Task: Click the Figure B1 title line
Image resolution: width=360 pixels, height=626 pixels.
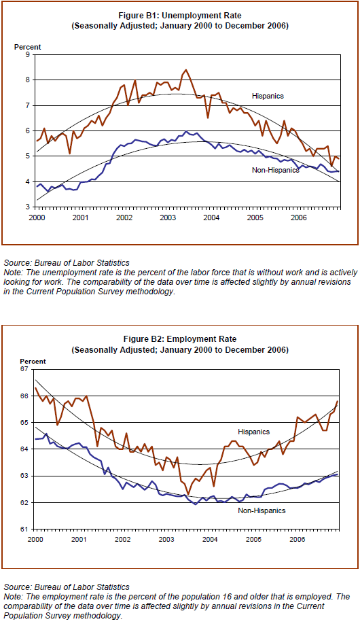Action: (x=179, y=16)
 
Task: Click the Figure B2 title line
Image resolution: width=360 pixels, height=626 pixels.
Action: (x=179, y=339)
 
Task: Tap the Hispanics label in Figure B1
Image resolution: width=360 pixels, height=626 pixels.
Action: (x=268, y=97)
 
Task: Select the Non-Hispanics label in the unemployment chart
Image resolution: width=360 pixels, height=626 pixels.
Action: (x=275, y=170)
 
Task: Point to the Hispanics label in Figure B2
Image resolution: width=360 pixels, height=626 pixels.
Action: (x=254, y=432)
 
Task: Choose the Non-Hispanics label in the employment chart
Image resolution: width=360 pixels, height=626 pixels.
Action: (x=262, y=510)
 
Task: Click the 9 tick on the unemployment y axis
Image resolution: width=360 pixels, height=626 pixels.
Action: (x=28, y=54)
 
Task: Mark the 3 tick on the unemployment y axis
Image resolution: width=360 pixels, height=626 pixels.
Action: (x=28, y=207)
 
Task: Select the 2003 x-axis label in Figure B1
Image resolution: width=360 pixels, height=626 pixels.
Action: (x=167, y=218)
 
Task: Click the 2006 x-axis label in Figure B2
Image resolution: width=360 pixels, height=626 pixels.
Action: (x=297, y=540)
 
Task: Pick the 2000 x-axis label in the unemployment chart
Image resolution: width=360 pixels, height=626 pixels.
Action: (x=36, y=218)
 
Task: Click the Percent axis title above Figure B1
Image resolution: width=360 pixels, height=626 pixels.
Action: (x=28, y=47)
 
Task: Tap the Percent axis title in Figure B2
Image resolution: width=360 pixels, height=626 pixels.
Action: (x=33, y=362)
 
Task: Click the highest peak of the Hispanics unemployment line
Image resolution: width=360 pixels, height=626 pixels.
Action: (x=185, y=70)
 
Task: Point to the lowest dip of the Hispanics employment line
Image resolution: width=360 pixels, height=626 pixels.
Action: (x=188, y=494)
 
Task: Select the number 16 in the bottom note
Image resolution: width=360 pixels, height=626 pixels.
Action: (x=225, y=597)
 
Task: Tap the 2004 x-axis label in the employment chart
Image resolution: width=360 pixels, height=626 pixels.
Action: (x=209, y=540)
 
